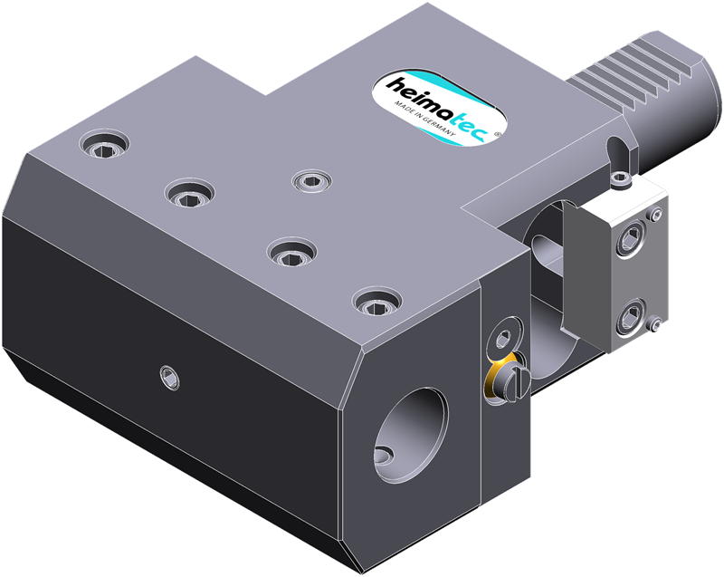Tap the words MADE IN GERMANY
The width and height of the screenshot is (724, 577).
pyautogui.click(x=424, y=119)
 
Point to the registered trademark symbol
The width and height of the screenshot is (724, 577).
pyautogui.click(x=496, y=134)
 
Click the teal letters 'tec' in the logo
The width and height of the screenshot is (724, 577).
pyautogui.click(x=465, y=122)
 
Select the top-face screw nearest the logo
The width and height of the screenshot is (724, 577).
pyautogui.click(x=312, y=179)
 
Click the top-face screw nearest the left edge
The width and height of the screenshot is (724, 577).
pyautogui.click(x=104, y=144)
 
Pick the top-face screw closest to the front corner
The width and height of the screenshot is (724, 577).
pyautogui.click(x=376, y=303)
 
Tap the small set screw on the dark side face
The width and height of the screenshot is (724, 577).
pyautogui.click(x=169, y=377)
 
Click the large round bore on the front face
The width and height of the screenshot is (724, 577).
pyautogui.click(x=410, y=435)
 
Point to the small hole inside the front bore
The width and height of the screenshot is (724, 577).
pyautogui.click(x=384, y=455)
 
